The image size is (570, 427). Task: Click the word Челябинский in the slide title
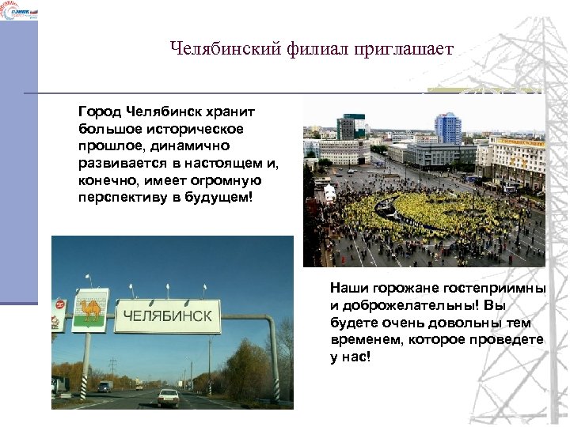[216, 49]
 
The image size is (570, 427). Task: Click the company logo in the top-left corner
[18, 9]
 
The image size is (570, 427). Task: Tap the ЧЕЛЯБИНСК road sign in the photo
[167, 316]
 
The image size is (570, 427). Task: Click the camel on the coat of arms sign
[90, 309]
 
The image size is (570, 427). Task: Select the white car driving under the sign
[168, 396]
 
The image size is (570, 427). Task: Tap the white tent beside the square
[330, 193]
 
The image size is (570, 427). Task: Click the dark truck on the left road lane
[61, 385]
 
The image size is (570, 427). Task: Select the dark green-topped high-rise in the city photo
[345, 127]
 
